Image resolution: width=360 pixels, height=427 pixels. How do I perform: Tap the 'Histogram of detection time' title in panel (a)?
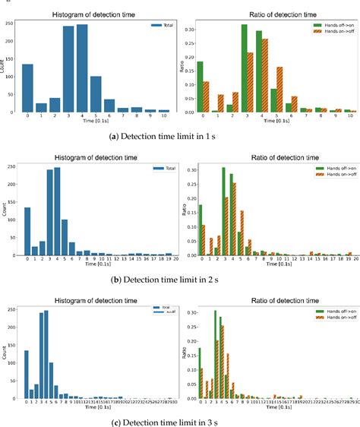click(93, 14)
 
